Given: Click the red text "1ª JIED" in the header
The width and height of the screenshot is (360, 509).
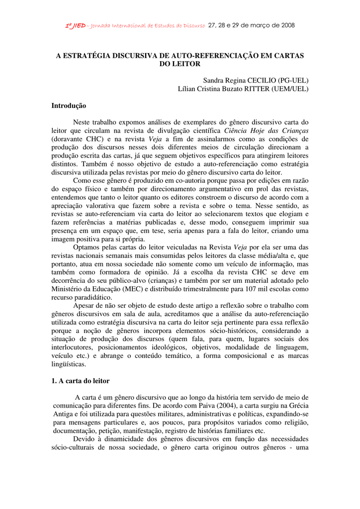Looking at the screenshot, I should (76, 25).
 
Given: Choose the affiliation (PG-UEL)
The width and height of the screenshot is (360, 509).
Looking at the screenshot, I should (293, 80).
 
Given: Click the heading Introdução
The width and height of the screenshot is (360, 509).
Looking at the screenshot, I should (69, 106).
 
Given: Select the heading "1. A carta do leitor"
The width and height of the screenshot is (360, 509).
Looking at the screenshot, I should (81, 381).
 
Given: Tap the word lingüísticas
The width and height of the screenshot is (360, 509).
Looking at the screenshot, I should (69, 364).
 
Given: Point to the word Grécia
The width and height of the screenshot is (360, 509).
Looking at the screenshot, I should (296, 406).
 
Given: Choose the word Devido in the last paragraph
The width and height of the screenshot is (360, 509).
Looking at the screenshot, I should (84, 439).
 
